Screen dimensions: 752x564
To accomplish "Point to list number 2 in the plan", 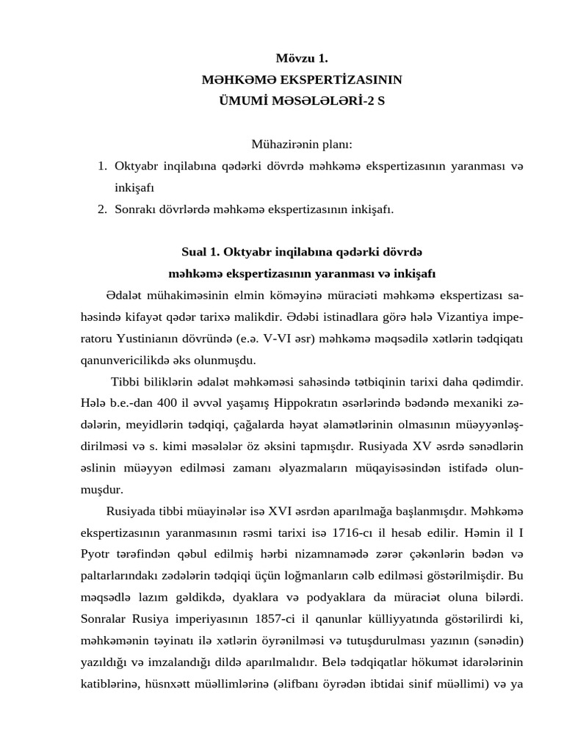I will pyautogui.click(x=103, y=209).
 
